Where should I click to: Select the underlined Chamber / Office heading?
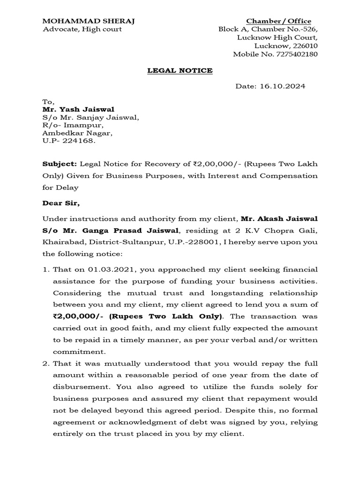point(278,21)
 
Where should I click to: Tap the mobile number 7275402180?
point(295,54)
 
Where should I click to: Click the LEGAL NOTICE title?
point(180,70)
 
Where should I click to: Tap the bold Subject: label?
point(59,164)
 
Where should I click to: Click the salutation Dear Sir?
point(61,203)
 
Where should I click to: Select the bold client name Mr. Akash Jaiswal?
point(279,219)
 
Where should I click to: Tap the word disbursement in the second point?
point(77,387)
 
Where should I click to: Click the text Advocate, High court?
point(82,29)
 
